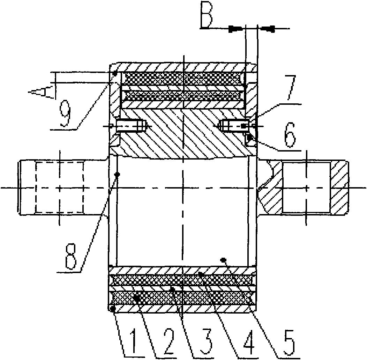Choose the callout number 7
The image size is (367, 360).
(x=290, y=87)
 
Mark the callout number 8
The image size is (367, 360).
(x=71, y=257)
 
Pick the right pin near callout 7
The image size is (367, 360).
(x=234, y=126)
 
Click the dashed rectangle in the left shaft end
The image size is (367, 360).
(x=59, y=187)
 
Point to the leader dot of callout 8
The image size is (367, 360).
(x=118, y=175)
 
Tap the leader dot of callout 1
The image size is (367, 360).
(x=113, y=309)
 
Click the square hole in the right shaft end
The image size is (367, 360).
(x=306, y=187)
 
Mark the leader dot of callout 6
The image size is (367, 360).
(x=250, y=137)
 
